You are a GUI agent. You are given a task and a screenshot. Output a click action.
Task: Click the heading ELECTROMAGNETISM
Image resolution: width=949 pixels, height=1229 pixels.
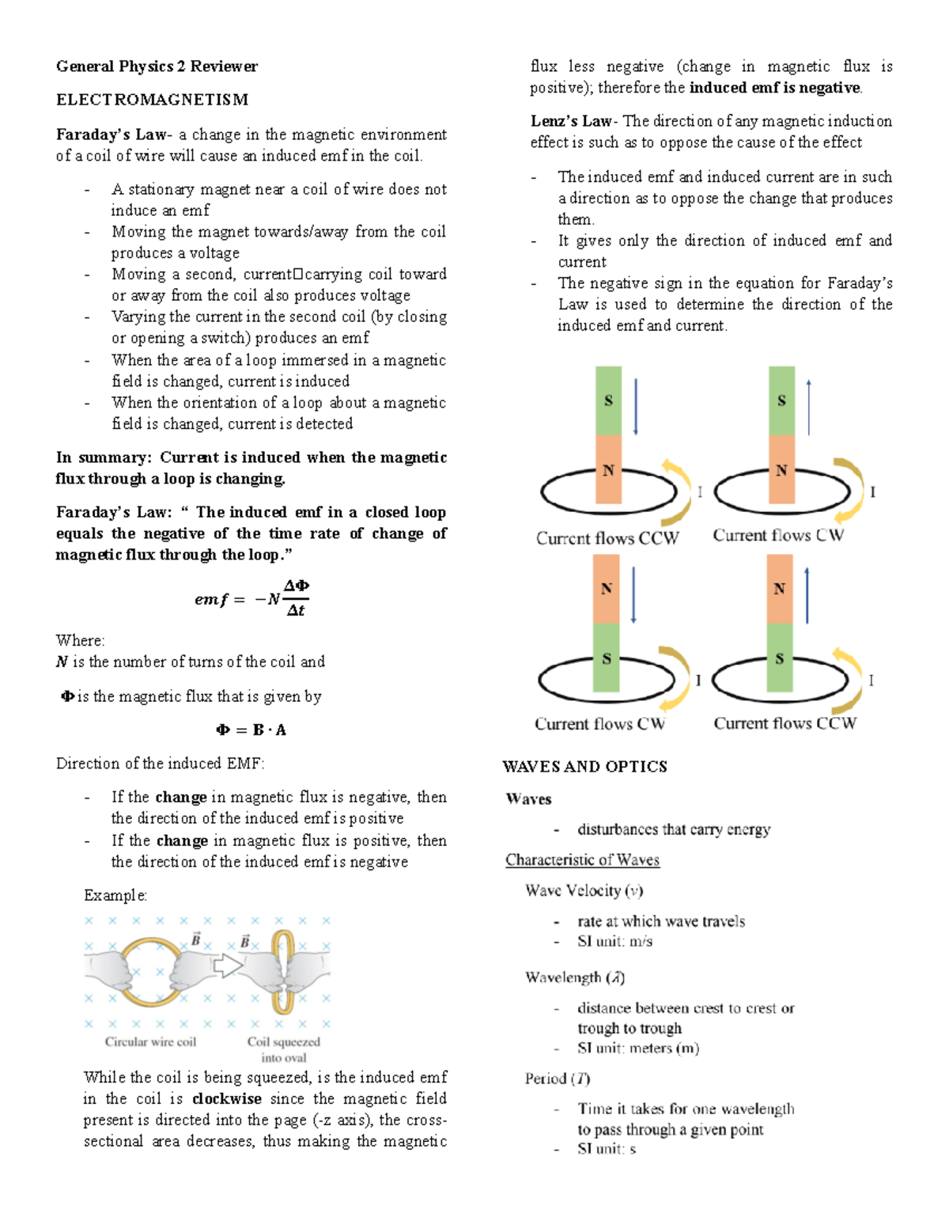(x=152, y=100)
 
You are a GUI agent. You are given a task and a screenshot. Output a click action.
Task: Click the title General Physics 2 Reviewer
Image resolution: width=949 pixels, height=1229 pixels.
(x=157, y=66)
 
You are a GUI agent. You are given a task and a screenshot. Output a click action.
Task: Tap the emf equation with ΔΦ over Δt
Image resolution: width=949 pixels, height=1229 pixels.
(x=251, y=598)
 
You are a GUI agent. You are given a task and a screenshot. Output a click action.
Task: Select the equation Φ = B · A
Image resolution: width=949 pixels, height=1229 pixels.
(x=251, y=730)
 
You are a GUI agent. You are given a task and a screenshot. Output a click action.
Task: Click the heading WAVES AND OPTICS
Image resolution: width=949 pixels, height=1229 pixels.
(x=584, y=766)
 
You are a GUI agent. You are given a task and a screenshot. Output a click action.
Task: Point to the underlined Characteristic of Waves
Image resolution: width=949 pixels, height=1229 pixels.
(x=582, y=859)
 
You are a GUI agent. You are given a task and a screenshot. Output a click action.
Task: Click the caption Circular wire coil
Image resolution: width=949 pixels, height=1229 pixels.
(x=150, y=1041)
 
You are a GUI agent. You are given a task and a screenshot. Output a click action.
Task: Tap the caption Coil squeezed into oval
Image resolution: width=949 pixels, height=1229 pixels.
(x=283, y=1049)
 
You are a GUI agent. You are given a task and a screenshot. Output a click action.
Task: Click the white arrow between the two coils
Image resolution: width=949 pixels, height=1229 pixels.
(x=229, y=965)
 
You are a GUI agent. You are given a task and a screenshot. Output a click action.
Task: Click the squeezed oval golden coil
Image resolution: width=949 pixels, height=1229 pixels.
(x=282, y=972)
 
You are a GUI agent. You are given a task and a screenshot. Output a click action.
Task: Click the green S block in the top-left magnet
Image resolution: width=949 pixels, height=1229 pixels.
(x=608, y=400)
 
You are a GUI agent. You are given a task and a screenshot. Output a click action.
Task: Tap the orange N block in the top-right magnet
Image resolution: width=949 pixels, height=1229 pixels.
(x=781, y=469)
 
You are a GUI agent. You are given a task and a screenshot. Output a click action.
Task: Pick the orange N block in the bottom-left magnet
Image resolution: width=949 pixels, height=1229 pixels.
(x=607, y=588)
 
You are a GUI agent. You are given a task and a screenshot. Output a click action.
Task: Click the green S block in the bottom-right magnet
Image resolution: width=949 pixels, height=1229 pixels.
(x=780, y=658)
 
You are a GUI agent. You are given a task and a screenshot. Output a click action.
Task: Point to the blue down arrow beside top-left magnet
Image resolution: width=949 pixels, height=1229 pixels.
(x=635, y=407)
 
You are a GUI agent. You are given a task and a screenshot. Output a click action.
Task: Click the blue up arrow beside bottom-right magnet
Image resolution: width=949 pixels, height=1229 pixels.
(x=807, y=595)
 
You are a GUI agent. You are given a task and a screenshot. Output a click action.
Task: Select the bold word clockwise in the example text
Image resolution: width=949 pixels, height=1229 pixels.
(x=226, y=1098)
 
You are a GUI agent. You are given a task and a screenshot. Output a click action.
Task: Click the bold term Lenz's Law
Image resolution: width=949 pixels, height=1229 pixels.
(x=571, y=121)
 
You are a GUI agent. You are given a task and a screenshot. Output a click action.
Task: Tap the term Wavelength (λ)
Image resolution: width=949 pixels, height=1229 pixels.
(x=575, y=977)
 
